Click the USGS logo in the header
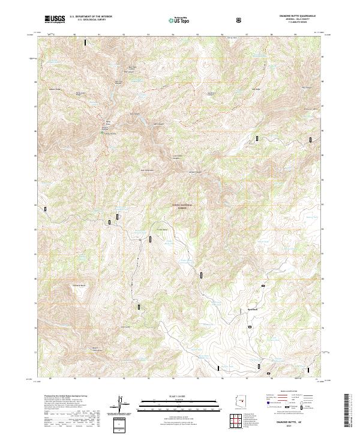(x=55, y=19)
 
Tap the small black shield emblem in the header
(x=239, y=20)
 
